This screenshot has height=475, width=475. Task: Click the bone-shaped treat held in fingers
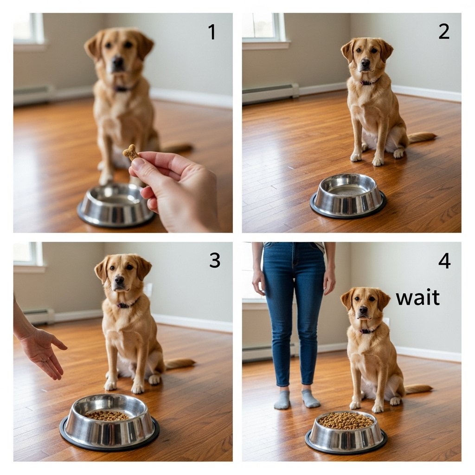(130, 152)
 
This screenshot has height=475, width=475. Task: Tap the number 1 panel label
(212, 32)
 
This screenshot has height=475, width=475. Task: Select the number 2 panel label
(444, 32)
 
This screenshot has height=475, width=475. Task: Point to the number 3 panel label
(215, 260)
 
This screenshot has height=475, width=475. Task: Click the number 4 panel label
(444, 261)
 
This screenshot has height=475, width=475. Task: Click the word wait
(418, 297)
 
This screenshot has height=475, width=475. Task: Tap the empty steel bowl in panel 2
(348, 196)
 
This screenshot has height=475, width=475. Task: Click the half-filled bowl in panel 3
(109, 422)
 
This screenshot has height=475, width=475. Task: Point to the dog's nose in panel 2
(366, 63)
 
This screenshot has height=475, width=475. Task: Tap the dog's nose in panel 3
(119, 279)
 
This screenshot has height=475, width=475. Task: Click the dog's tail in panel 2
(422, 137)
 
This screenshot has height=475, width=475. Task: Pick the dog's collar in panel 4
(369, 330)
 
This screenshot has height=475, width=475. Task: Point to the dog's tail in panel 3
(180, 363)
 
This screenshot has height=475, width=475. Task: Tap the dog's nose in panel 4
(363, 309)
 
